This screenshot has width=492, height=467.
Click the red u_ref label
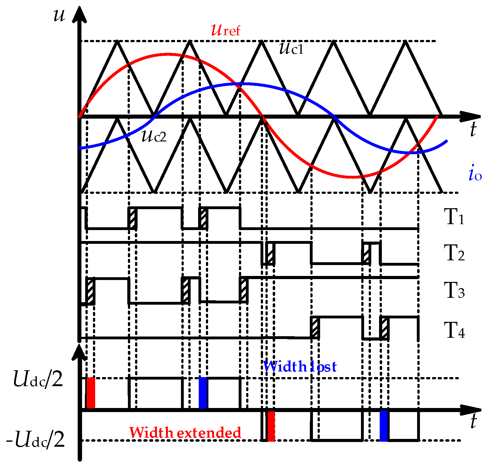click(x=226, y=30)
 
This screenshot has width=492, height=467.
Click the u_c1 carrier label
click(x=291, y=49)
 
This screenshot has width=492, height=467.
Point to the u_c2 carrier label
click(x=154, y=136)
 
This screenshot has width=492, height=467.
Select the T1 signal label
click(x=454, y=217)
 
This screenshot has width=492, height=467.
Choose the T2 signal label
click(x=454, y=253)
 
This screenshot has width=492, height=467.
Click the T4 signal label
click(x=454, y=330)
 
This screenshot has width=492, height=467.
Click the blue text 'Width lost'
click(x=300, y=366)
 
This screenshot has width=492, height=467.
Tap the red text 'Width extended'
click(x=185, y=433)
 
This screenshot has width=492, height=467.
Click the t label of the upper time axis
click(x=473, y=129)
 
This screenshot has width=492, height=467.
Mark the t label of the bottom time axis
click(x=473, y=422)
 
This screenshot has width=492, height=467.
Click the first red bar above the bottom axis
click(x=91, y=393)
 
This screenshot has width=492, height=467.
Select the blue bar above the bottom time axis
click(x=203, y=393)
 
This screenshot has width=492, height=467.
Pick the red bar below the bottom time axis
click(x=271, y=426)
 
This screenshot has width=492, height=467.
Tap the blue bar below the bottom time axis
click(x=384, y=426)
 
